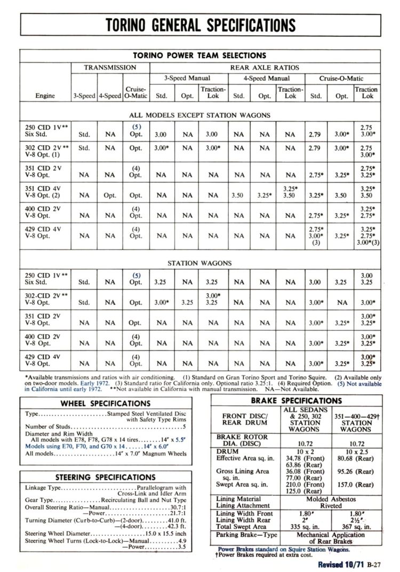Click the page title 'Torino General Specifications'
200,25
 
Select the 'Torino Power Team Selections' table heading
200,55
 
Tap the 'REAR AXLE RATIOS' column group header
265,68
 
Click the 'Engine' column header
45,96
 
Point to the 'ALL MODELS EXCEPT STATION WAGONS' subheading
199,115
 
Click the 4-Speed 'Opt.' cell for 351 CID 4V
110,195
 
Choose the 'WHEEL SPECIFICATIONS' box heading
106,403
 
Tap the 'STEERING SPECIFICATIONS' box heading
106,477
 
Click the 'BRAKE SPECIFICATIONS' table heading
296,401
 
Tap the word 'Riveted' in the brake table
331,505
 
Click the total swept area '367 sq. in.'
356,527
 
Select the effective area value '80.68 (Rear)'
356,458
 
